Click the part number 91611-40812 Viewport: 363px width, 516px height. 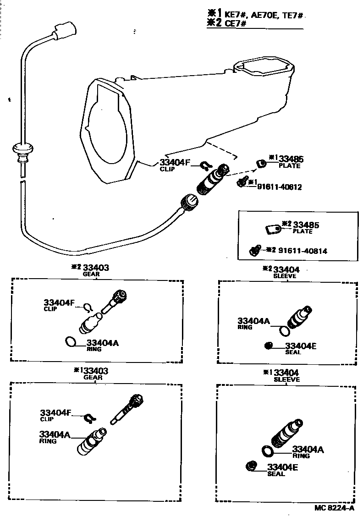279,187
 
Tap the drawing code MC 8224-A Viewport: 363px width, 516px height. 334,508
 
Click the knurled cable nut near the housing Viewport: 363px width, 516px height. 188,201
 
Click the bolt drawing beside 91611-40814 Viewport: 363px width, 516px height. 253,250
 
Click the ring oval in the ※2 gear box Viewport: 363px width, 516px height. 70,342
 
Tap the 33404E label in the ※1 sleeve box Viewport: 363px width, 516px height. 282,467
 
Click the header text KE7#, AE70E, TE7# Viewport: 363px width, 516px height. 264,15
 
